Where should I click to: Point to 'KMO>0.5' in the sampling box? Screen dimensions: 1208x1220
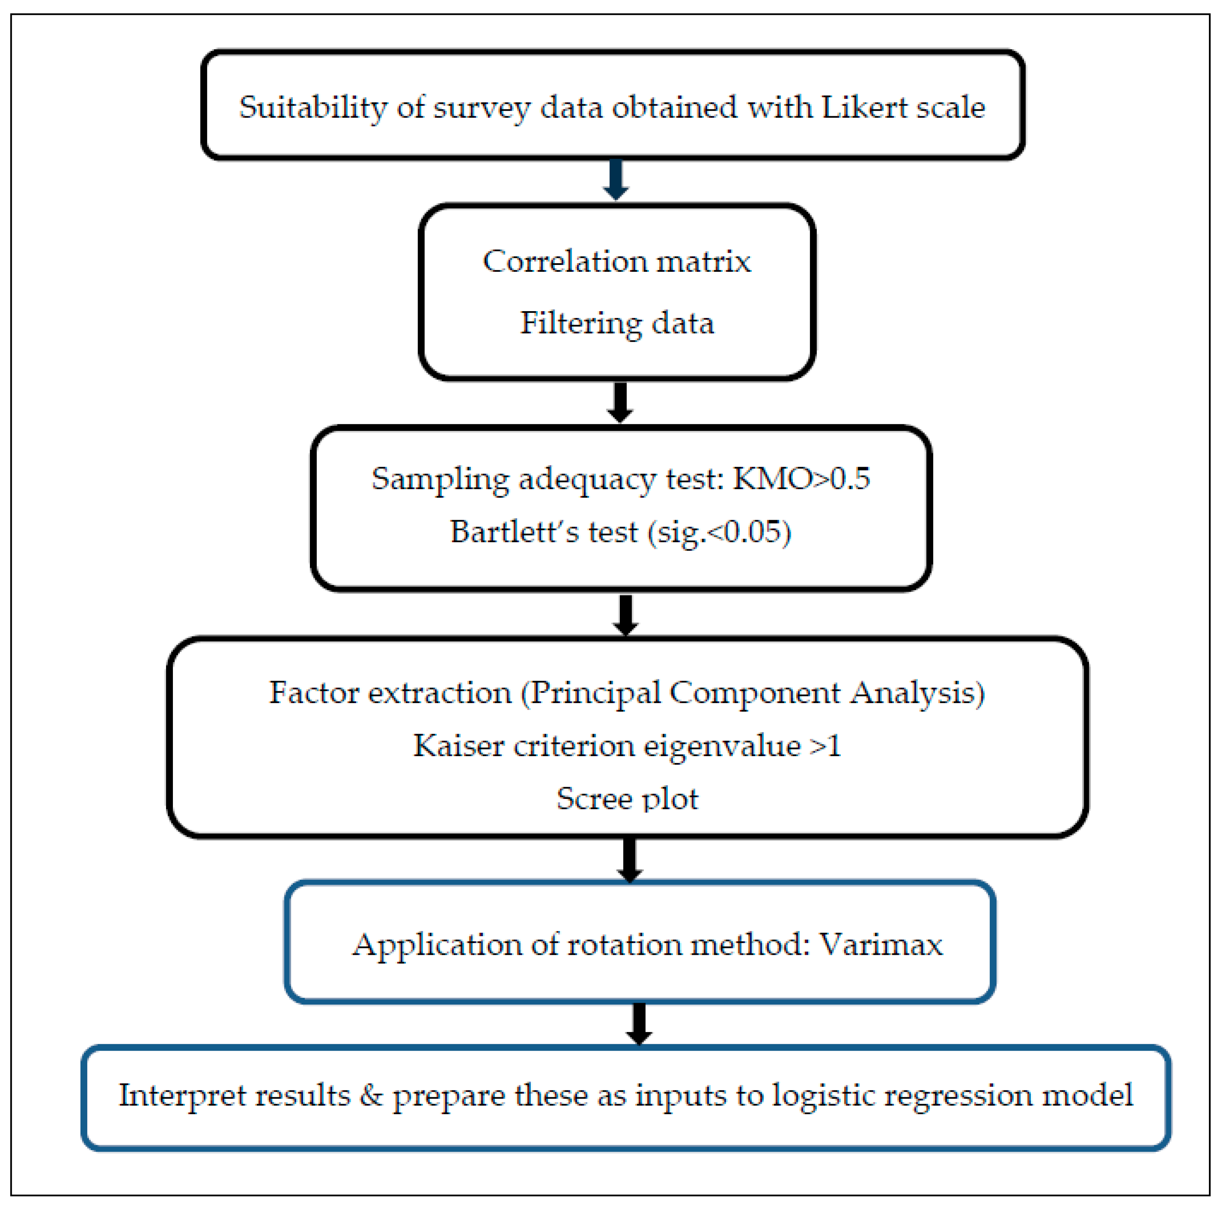point(801,478)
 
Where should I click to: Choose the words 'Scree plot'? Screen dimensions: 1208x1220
point(627,799)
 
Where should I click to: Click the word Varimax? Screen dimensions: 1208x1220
point(881,945)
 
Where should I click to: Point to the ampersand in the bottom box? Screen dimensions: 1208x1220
point(371,1095)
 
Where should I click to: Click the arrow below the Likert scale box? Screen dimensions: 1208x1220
point(616,179)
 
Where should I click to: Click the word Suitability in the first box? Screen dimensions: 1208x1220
point(313,107)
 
